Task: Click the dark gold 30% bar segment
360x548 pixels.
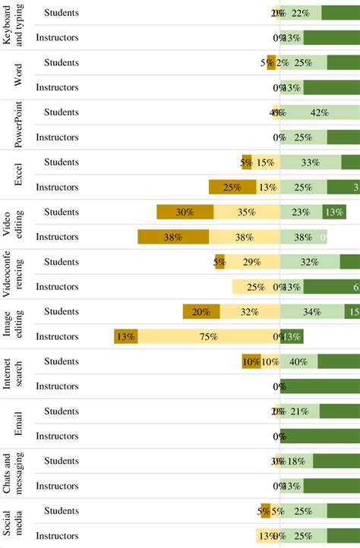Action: pyautogui.click(x=185, y=213)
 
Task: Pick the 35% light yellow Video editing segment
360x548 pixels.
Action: pyautogui.click(x=247, y=213)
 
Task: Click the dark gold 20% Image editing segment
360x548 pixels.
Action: pyautogui.click(x=201, y=311)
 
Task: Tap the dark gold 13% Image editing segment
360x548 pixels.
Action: pyautogui.click(x=126, y=336)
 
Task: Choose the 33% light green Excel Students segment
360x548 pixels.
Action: pyautogui.click(x=311, y=162)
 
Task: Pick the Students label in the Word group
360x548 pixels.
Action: pyautogui.click(x=62, y=62)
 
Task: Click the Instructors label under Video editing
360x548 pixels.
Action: pyautogui.click(x=58, y=237)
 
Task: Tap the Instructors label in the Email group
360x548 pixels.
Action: pyautogui.click(x=58, y=436)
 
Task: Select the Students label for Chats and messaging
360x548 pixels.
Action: pyautogui.click(x=62, y=461)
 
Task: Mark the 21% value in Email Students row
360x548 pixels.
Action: pyautogui.click(x=299, y=411)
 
